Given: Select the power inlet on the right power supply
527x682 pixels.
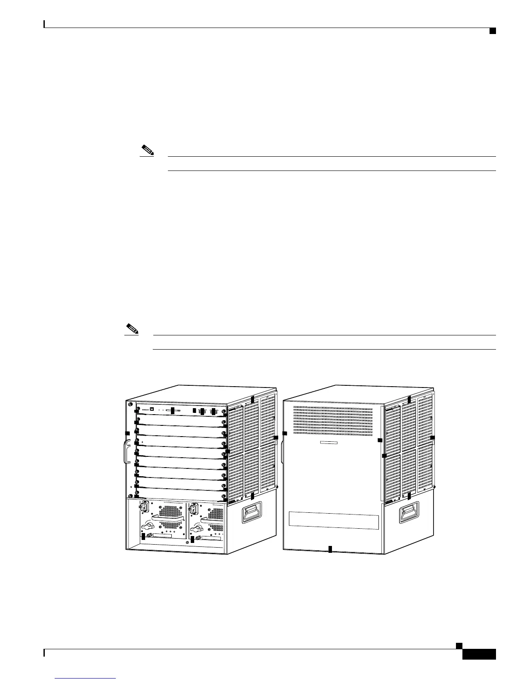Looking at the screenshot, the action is point(193,510).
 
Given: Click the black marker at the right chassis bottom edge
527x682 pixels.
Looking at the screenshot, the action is point(330,549).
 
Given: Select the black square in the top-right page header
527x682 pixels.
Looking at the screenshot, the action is point(492,30).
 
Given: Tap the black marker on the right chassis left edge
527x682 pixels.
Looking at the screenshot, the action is point(285,433).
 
